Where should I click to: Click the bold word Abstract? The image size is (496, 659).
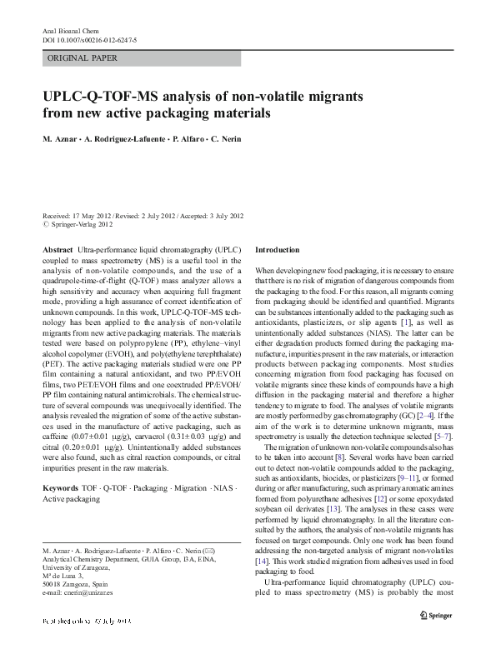(x=57, y=249)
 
